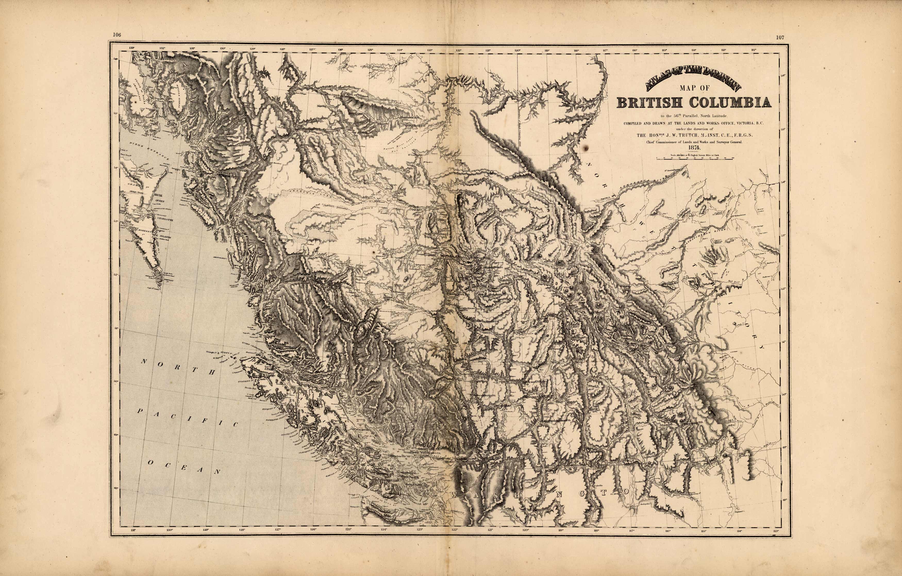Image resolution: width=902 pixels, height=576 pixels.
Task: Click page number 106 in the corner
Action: click(117, 35)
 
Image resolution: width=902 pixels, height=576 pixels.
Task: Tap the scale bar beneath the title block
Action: click(694, 159)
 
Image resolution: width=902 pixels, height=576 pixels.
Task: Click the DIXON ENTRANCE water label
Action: click(149, 151)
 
